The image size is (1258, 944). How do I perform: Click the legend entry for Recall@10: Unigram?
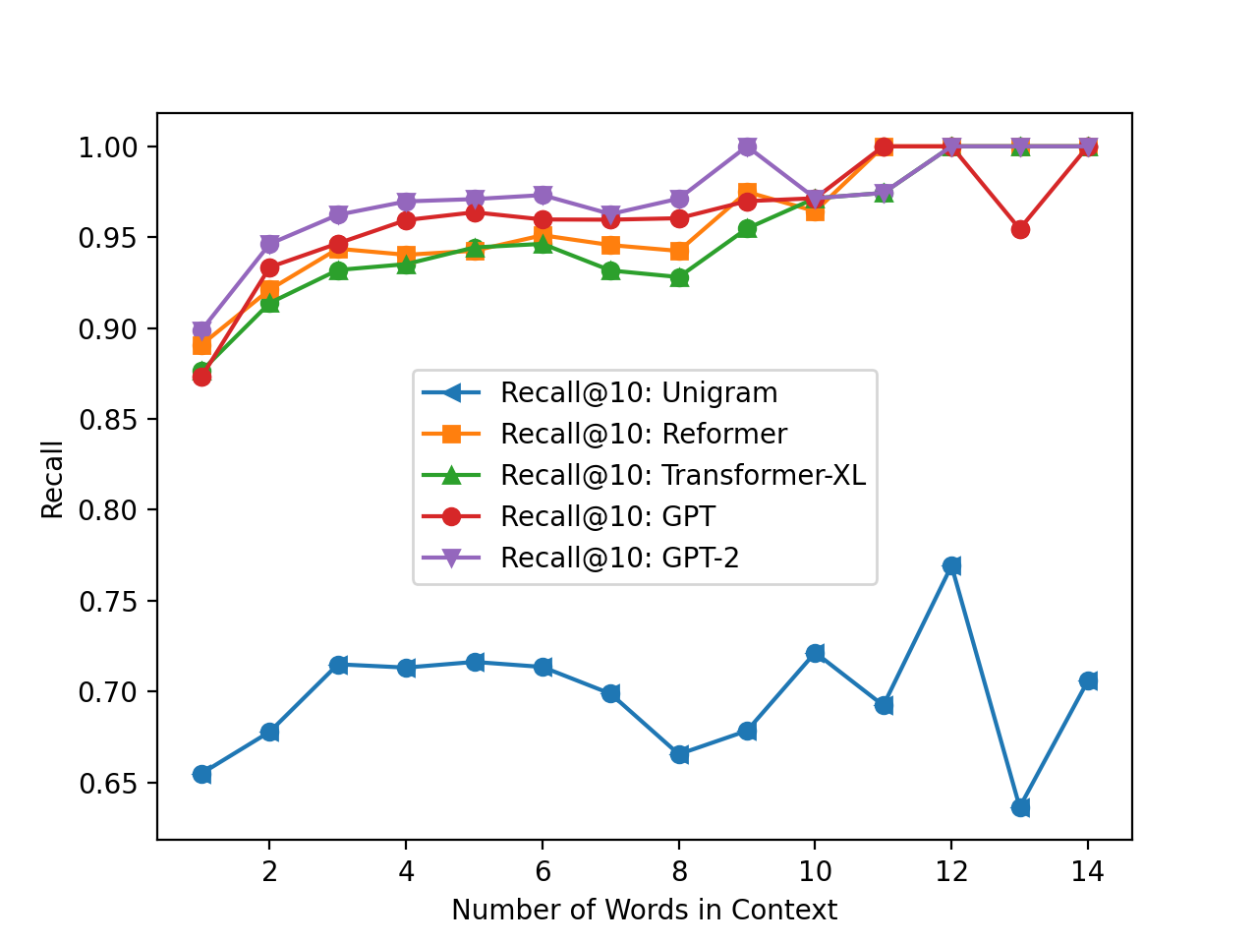click(x=639, y=393)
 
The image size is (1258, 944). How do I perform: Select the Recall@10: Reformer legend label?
click(x=644, y=435)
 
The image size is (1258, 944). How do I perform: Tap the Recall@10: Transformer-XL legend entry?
click(x=683, y=476)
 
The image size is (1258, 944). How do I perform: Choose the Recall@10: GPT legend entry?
click(x=607, y=517)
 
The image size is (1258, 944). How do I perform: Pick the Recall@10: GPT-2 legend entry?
click(x=619, y=559)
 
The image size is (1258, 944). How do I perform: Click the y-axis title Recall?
click(x=52, y=479)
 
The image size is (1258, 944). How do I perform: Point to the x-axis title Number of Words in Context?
click(x=644, y=911)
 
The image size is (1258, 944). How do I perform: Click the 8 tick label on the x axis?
click(x=678, y=871)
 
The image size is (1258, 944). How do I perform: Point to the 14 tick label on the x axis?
click(x=1087, y=871)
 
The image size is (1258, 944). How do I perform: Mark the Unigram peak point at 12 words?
click(x=951, y=565)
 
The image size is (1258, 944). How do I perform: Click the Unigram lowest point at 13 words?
click(x=1020, y=807)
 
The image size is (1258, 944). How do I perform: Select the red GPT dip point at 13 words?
click(x=1020, y=229)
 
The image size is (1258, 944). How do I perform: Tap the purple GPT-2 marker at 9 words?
click(x=747, y=147)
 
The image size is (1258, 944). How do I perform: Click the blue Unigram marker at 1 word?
click(x=201, y=774)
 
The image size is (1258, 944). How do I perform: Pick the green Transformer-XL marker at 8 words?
click(x=679, y=277)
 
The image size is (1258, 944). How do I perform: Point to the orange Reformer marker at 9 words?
click(x=747, y=193)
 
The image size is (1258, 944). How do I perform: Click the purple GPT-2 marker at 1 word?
click(x=201, y=330)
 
